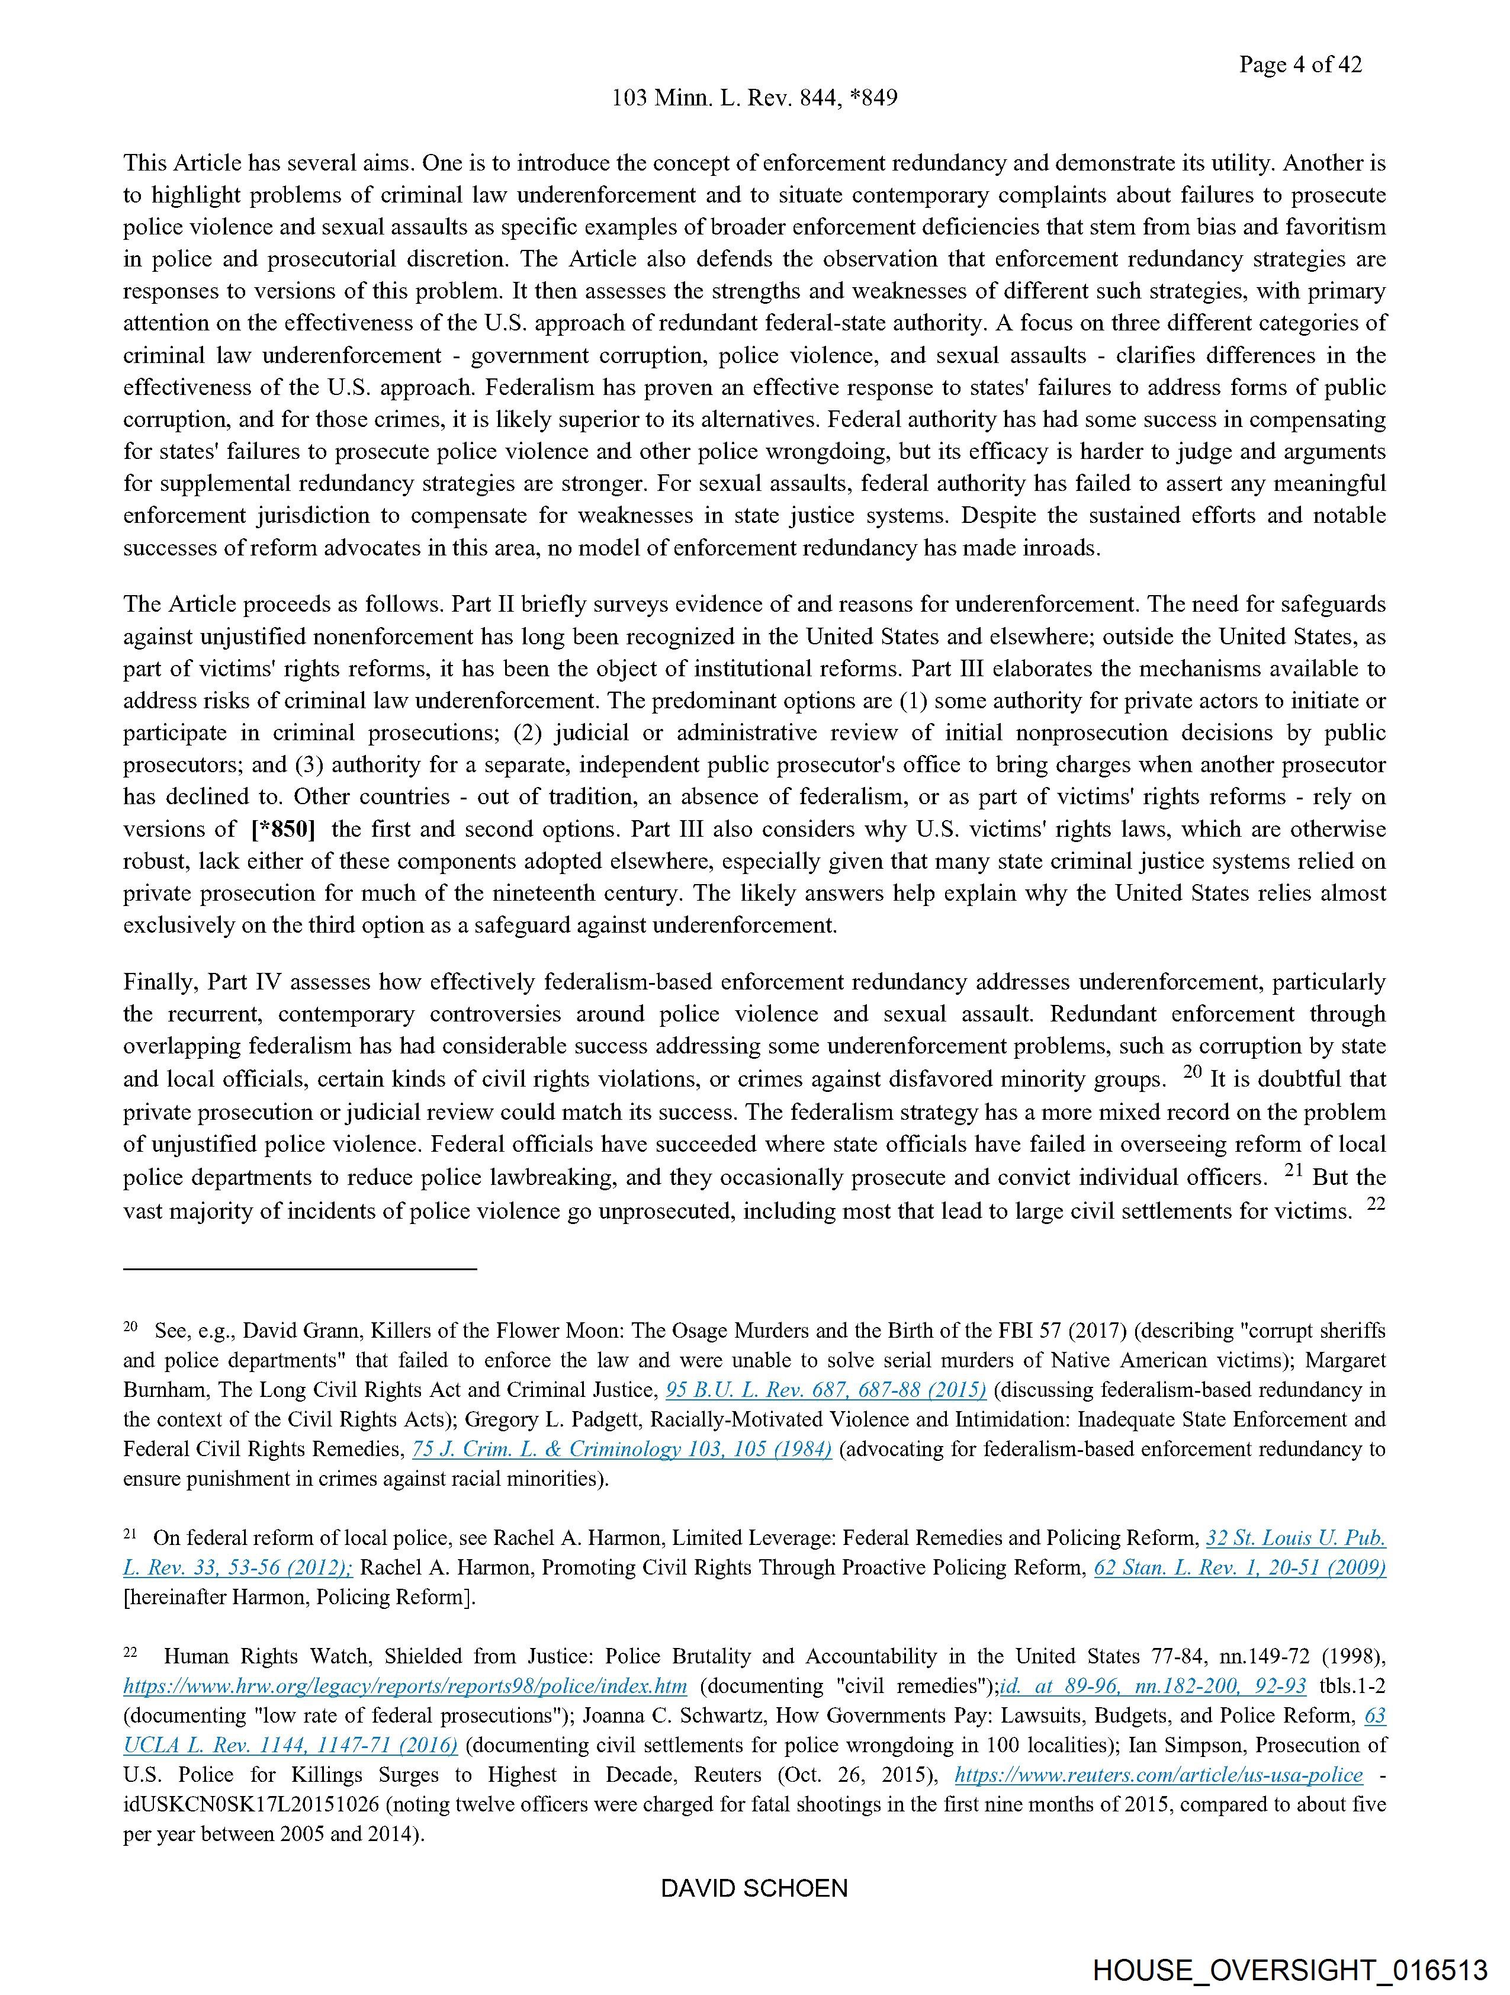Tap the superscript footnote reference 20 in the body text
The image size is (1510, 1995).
[x=1193, y=1071]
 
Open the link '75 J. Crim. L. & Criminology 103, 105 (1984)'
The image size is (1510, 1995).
[x=622, y=1450]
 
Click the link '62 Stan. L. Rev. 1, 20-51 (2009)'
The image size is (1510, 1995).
[x=1239, y=1567]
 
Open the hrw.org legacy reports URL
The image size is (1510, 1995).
[x=405, y=1686]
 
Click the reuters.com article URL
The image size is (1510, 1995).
[x=1158, y=1775]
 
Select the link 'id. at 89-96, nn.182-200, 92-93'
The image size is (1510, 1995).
[x=1153, y=1686]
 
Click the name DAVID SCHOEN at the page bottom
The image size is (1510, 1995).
[x=754, y=1888]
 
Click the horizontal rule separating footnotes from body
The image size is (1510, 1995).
[x=300, y=1269]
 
